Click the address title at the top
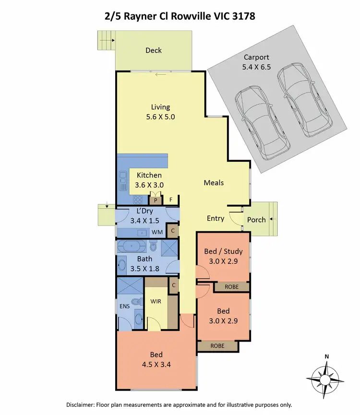[x=180, y=16]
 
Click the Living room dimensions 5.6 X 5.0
[x=160, y=116]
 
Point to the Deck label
[x=154, y=50]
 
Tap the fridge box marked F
[x=170, y=200]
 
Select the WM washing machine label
[x=156, y=232]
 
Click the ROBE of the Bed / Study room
[x=231, y=286]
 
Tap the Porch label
[x=256, y=220]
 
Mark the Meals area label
[x=214, y=183]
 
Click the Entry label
[x=215, y=218]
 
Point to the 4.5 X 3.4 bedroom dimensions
[x=156, y=364]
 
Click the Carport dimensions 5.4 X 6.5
[x=257, y=67]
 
